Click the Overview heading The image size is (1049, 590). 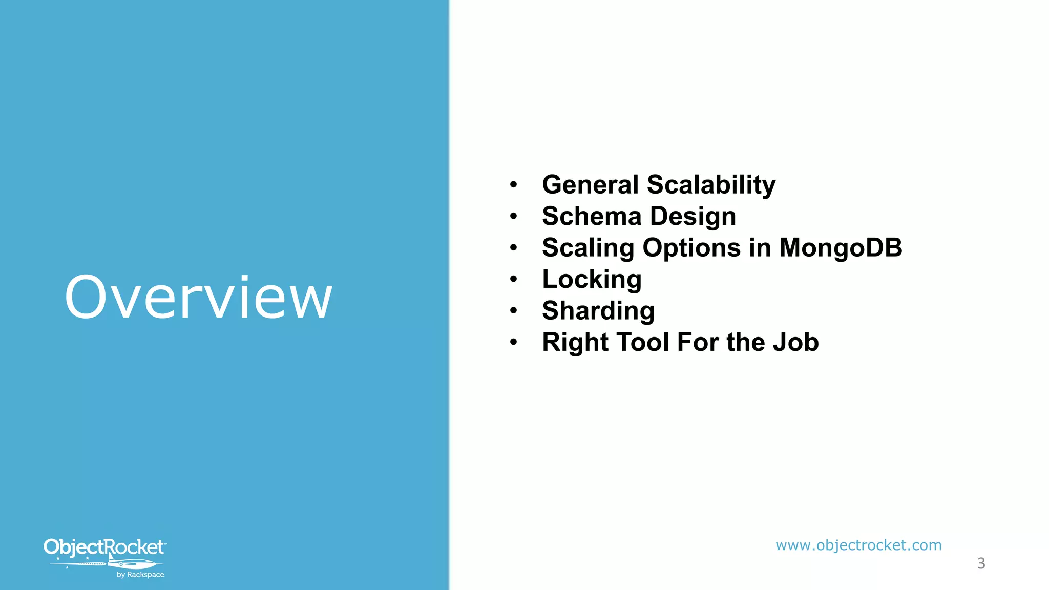pyautogui.click(x=199, y=298)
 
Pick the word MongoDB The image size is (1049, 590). pyautogui.click(x=841, y=248)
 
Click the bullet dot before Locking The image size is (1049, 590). pyautogui.click(x=514, y=280)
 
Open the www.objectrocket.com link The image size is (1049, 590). pyautogui.click(x=858, y=545)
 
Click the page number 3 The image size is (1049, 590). pyautogui.click(x=981, y=563)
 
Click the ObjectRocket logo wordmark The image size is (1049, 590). pyautogui.click(x=104, y=547)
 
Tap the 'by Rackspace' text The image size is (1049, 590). pyautogui.click(x=140, y=575)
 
